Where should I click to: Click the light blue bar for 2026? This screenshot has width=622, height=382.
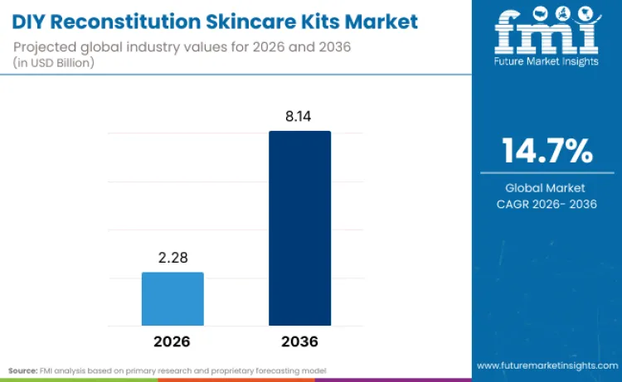click(x=173, y=298)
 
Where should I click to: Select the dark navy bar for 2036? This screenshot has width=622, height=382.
click(x=299, y=228)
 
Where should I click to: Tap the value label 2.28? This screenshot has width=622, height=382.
click(x=173, y=259)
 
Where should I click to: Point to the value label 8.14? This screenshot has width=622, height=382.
click(x=299, y=117)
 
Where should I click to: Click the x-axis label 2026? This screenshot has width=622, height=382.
click(x=173, y=341)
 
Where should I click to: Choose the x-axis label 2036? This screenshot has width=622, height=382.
click(x=299, y=341)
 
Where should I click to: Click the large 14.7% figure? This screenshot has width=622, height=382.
click(x=547, y=152)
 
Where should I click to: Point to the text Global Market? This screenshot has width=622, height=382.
click(x=547, y=188)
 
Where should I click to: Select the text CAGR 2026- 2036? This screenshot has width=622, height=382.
click(x=547, y=204)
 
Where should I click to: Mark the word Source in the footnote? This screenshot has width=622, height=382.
click(x=23, y=370)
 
